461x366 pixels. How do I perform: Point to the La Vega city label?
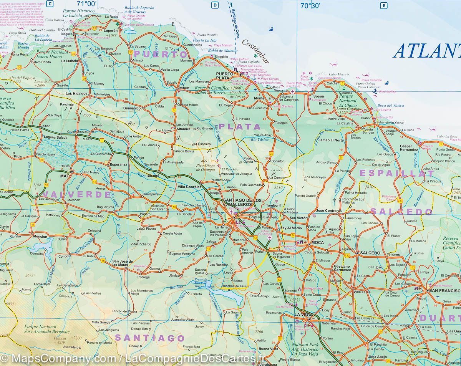coord(302,315)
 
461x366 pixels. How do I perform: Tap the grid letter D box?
coord(215,5)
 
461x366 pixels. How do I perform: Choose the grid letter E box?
coord(383,5)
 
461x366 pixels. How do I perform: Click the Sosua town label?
coord(318,96)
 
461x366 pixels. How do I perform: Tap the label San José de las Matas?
coord(122,264)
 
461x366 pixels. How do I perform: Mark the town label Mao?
coord(64,176)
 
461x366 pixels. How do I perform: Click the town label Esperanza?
coord(118,164)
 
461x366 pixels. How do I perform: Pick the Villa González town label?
coord(189,187)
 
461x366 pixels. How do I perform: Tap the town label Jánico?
coord(174,275)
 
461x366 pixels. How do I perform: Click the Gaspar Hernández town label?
coord(408,148)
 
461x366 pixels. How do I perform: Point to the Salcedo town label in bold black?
coord(370,253)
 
